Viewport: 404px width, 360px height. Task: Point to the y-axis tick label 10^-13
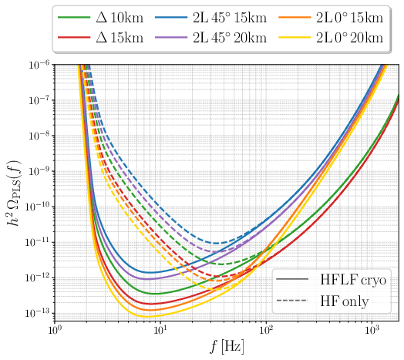click(38, 311)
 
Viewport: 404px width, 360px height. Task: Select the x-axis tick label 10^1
click(160, 331)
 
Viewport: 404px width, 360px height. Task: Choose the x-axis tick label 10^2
click(266, 331)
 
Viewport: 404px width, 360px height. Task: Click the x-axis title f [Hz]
click(226, 348)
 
